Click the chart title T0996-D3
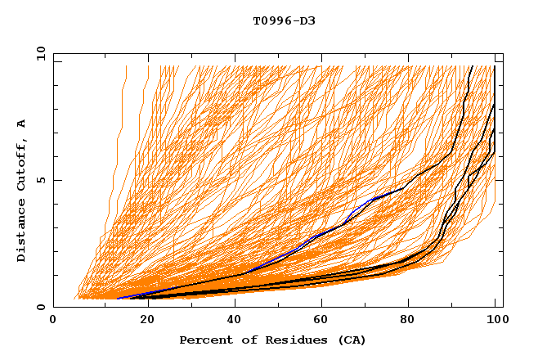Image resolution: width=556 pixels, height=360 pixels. coord(284,21)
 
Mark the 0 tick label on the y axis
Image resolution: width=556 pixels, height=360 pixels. coord(40,308)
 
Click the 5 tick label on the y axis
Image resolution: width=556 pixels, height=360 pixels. coord(40,180)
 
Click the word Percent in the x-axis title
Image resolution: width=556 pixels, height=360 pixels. coord(204,340)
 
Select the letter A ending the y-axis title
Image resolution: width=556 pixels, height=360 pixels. coord(21,124)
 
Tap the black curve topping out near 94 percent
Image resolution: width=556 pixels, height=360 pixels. coord(468,82)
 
